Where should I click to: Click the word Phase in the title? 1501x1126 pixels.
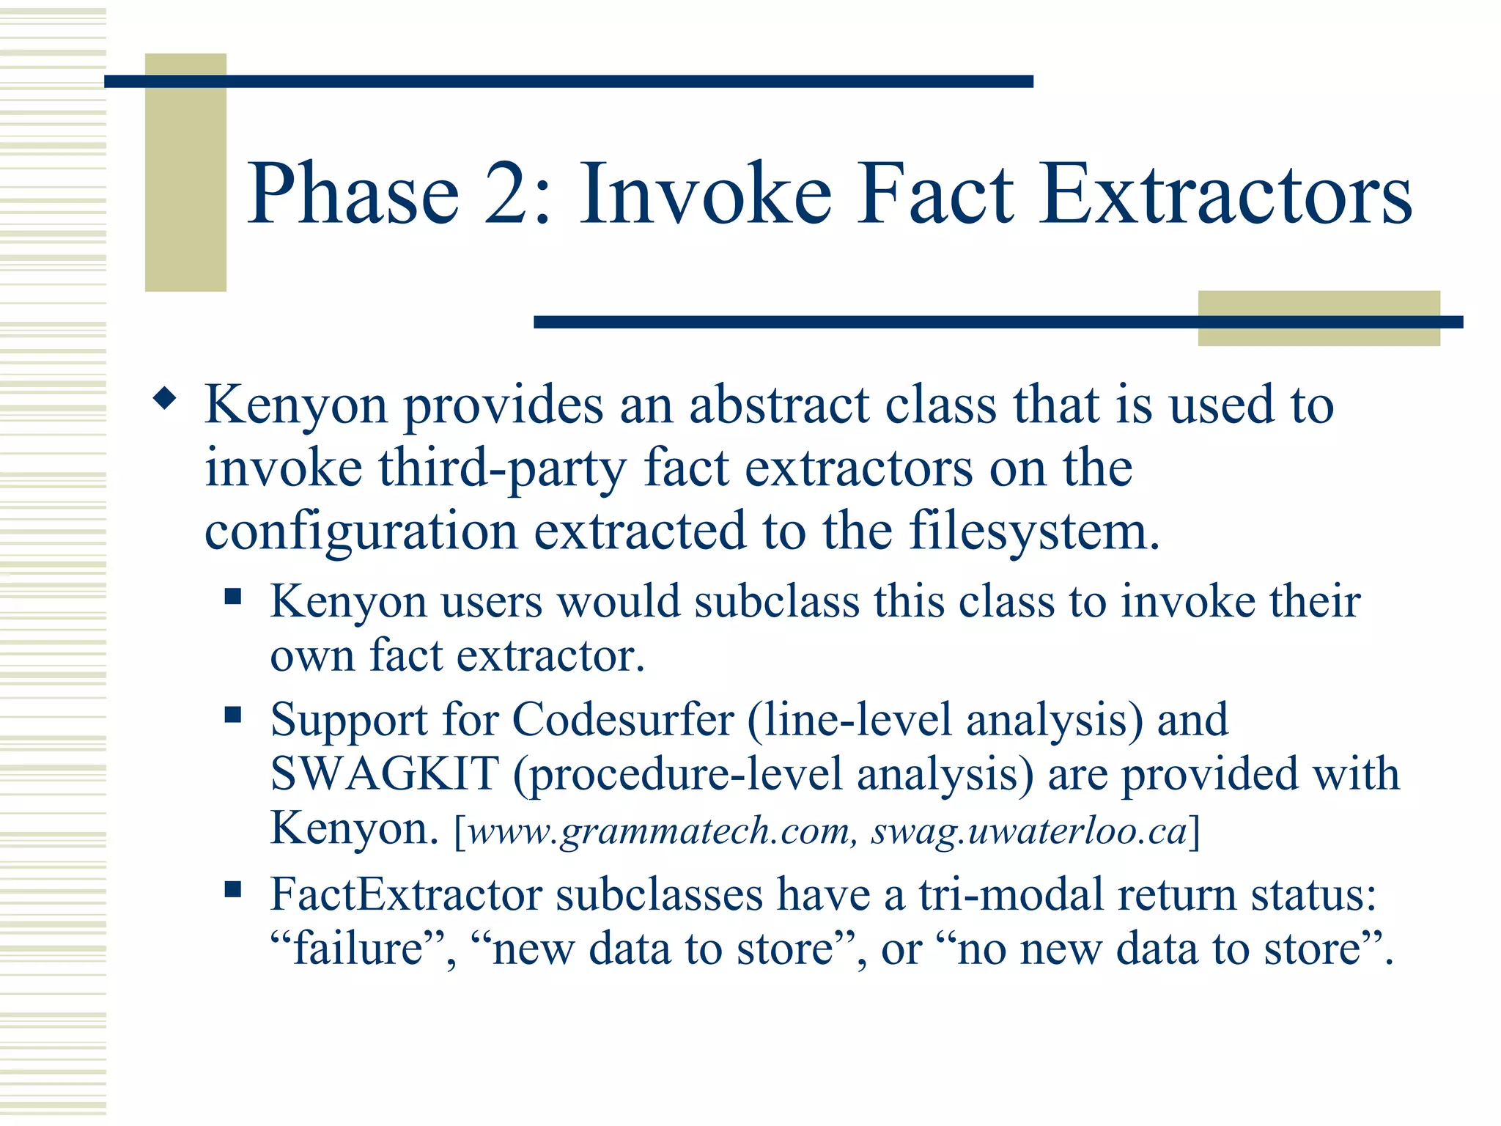pyautogui.click(x=353, y=194)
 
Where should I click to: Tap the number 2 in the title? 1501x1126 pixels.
pyautogui.click(x=506, y=194)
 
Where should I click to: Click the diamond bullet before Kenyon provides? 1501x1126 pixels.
pyautogui.click(x=165, y=400)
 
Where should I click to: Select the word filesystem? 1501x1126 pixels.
pyautogui.click(x=1034, y=531)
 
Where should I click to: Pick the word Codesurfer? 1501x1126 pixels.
pyautogui.click(x=622, y=719)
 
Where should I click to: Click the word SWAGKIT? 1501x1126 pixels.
pyautogui.click(x=384, y=774)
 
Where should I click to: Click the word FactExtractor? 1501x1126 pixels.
pyautogui.click(x=405, y=895)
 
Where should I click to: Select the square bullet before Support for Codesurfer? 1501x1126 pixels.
pyautogui.click(x=233, y=714)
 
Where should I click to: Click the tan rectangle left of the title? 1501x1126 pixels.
pyautogui.click(x=185, y=172)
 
